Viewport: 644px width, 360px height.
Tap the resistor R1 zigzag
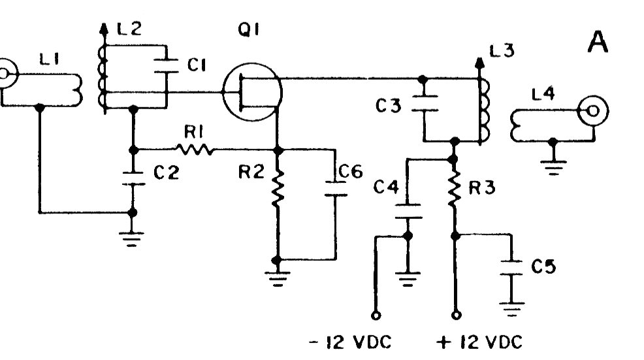tap(194, 150)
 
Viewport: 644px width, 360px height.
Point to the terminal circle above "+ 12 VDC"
tap(455, 315)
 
